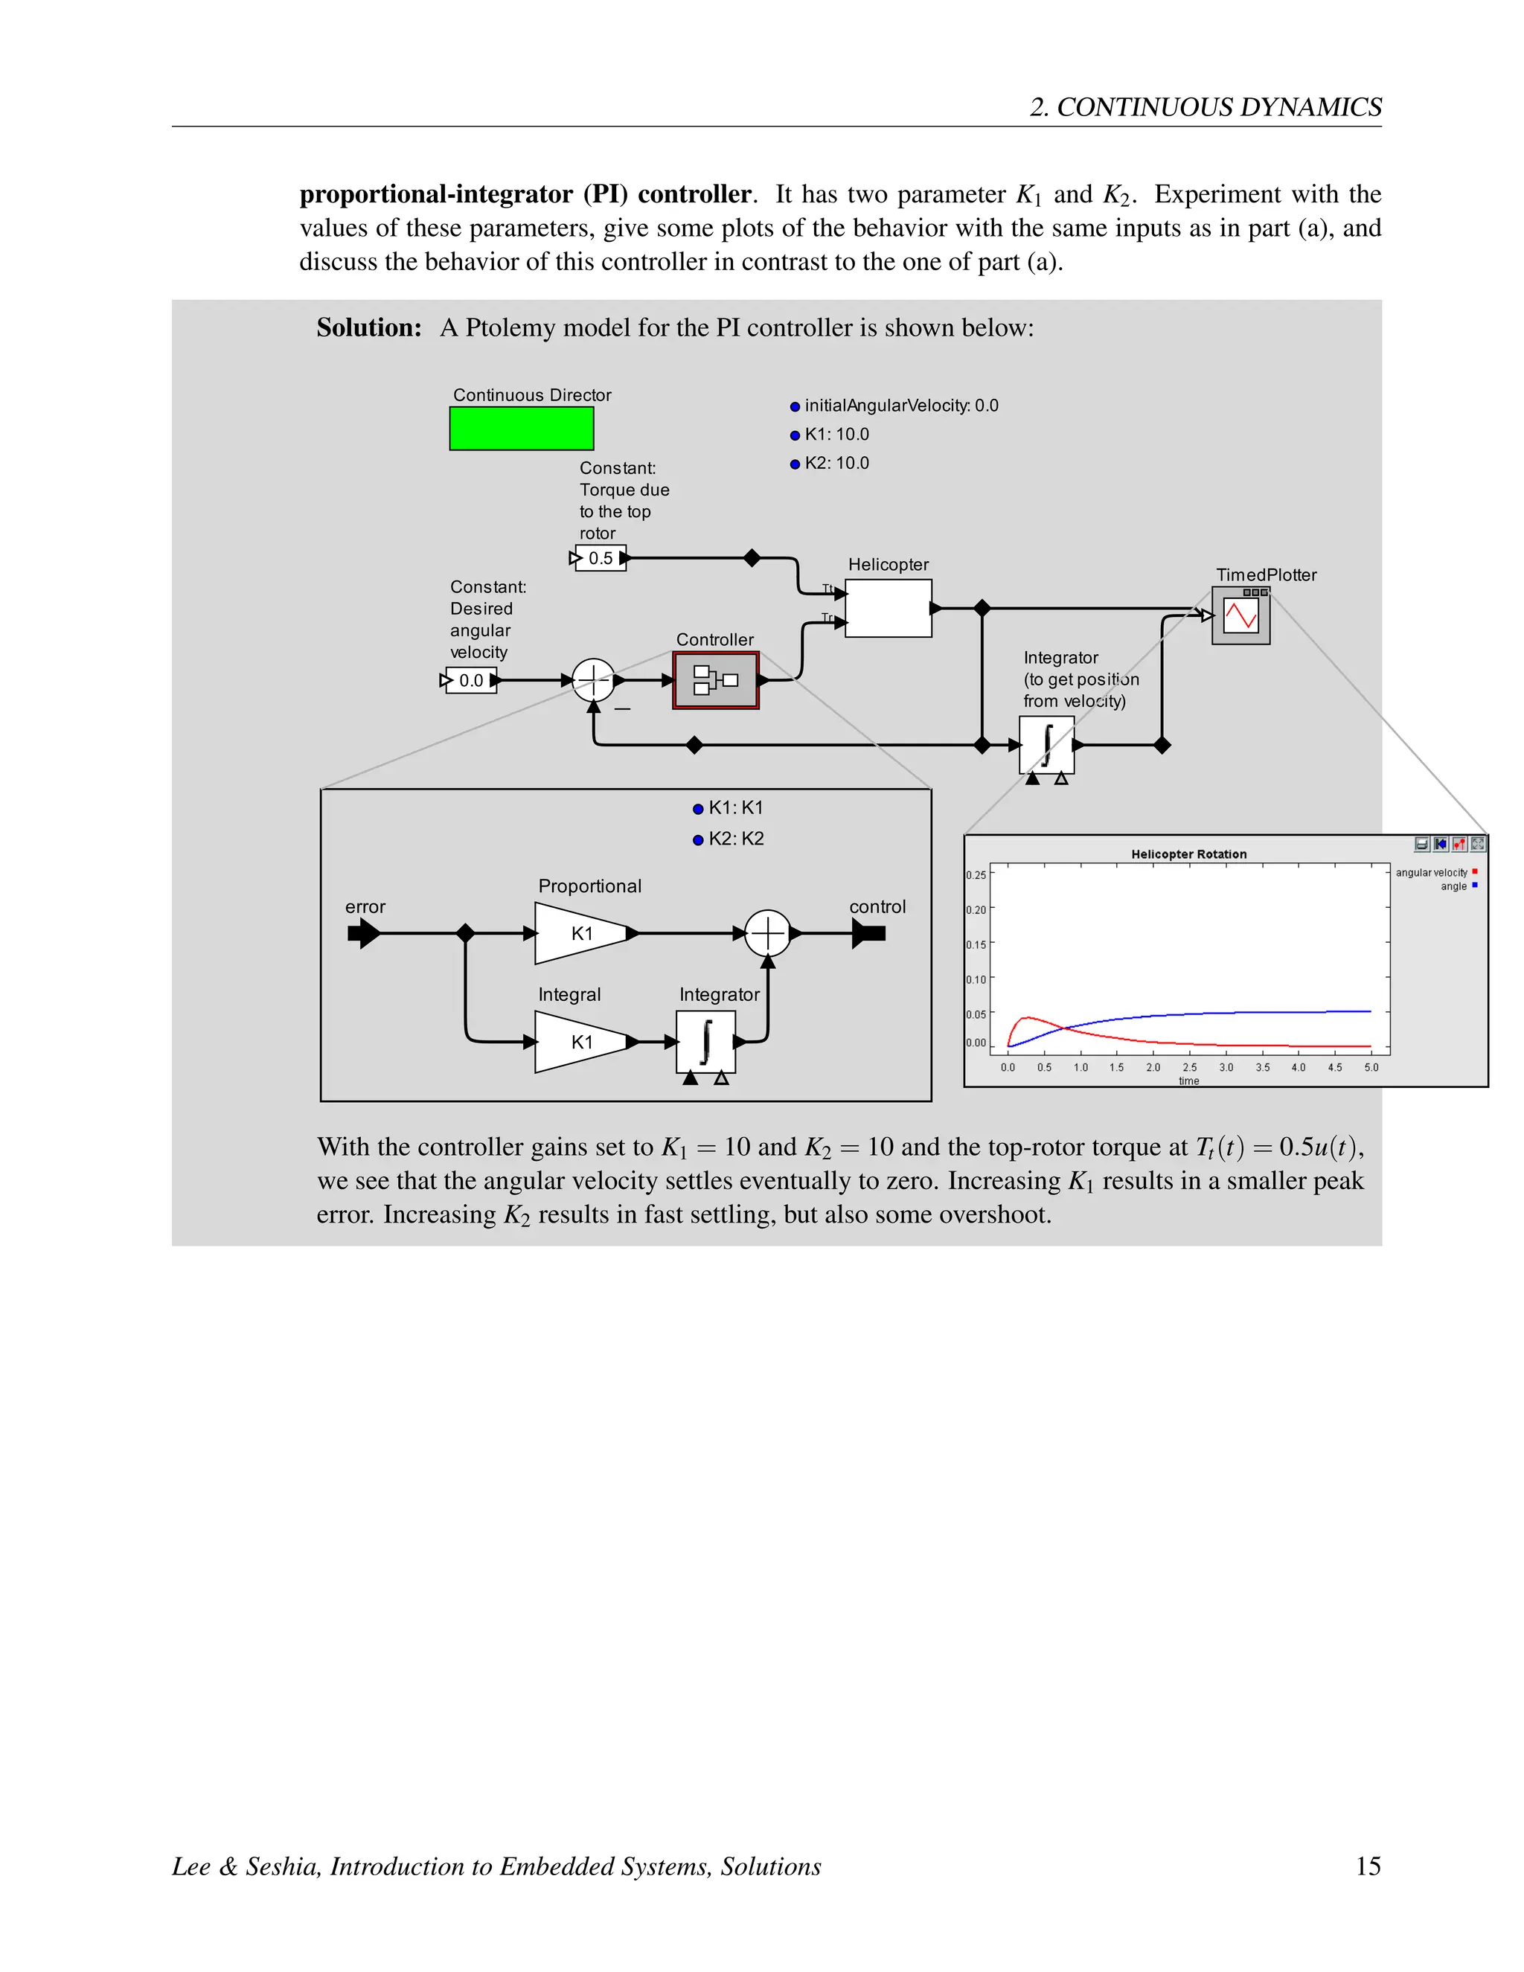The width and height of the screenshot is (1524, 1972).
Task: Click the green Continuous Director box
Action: point(521,428)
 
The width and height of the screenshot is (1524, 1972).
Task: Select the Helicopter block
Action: point(888,608)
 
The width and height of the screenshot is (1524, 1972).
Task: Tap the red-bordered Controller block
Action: point(715,680)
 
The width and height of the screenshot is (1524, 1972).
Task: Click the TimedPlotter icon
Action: point(1240,617)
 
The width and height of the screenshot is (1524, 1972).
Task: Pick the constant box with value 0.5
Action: point(600,558)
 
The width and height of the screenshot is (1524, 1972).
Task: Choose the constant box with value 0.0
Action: point(471,680)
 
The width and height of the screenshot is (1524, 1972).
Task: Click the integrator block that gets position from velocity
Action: point(1046,745)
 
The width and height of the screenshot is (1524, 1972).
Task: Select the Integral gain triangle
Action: point(580,1042)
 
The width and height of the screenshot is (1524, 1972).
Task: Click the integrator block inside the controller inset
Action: point(705,1042)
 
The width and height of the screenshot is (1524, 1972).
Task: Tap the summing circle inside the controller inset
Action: point(767,932)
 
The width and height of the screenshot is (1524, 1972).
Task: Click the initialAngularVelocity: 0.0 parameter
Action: point(900,406)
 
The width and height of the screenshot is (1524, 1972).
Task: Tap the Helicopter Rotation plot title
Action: point(1188,854)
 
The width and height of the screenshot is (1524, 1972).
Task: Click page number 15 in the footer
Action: point(1368,1866)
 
